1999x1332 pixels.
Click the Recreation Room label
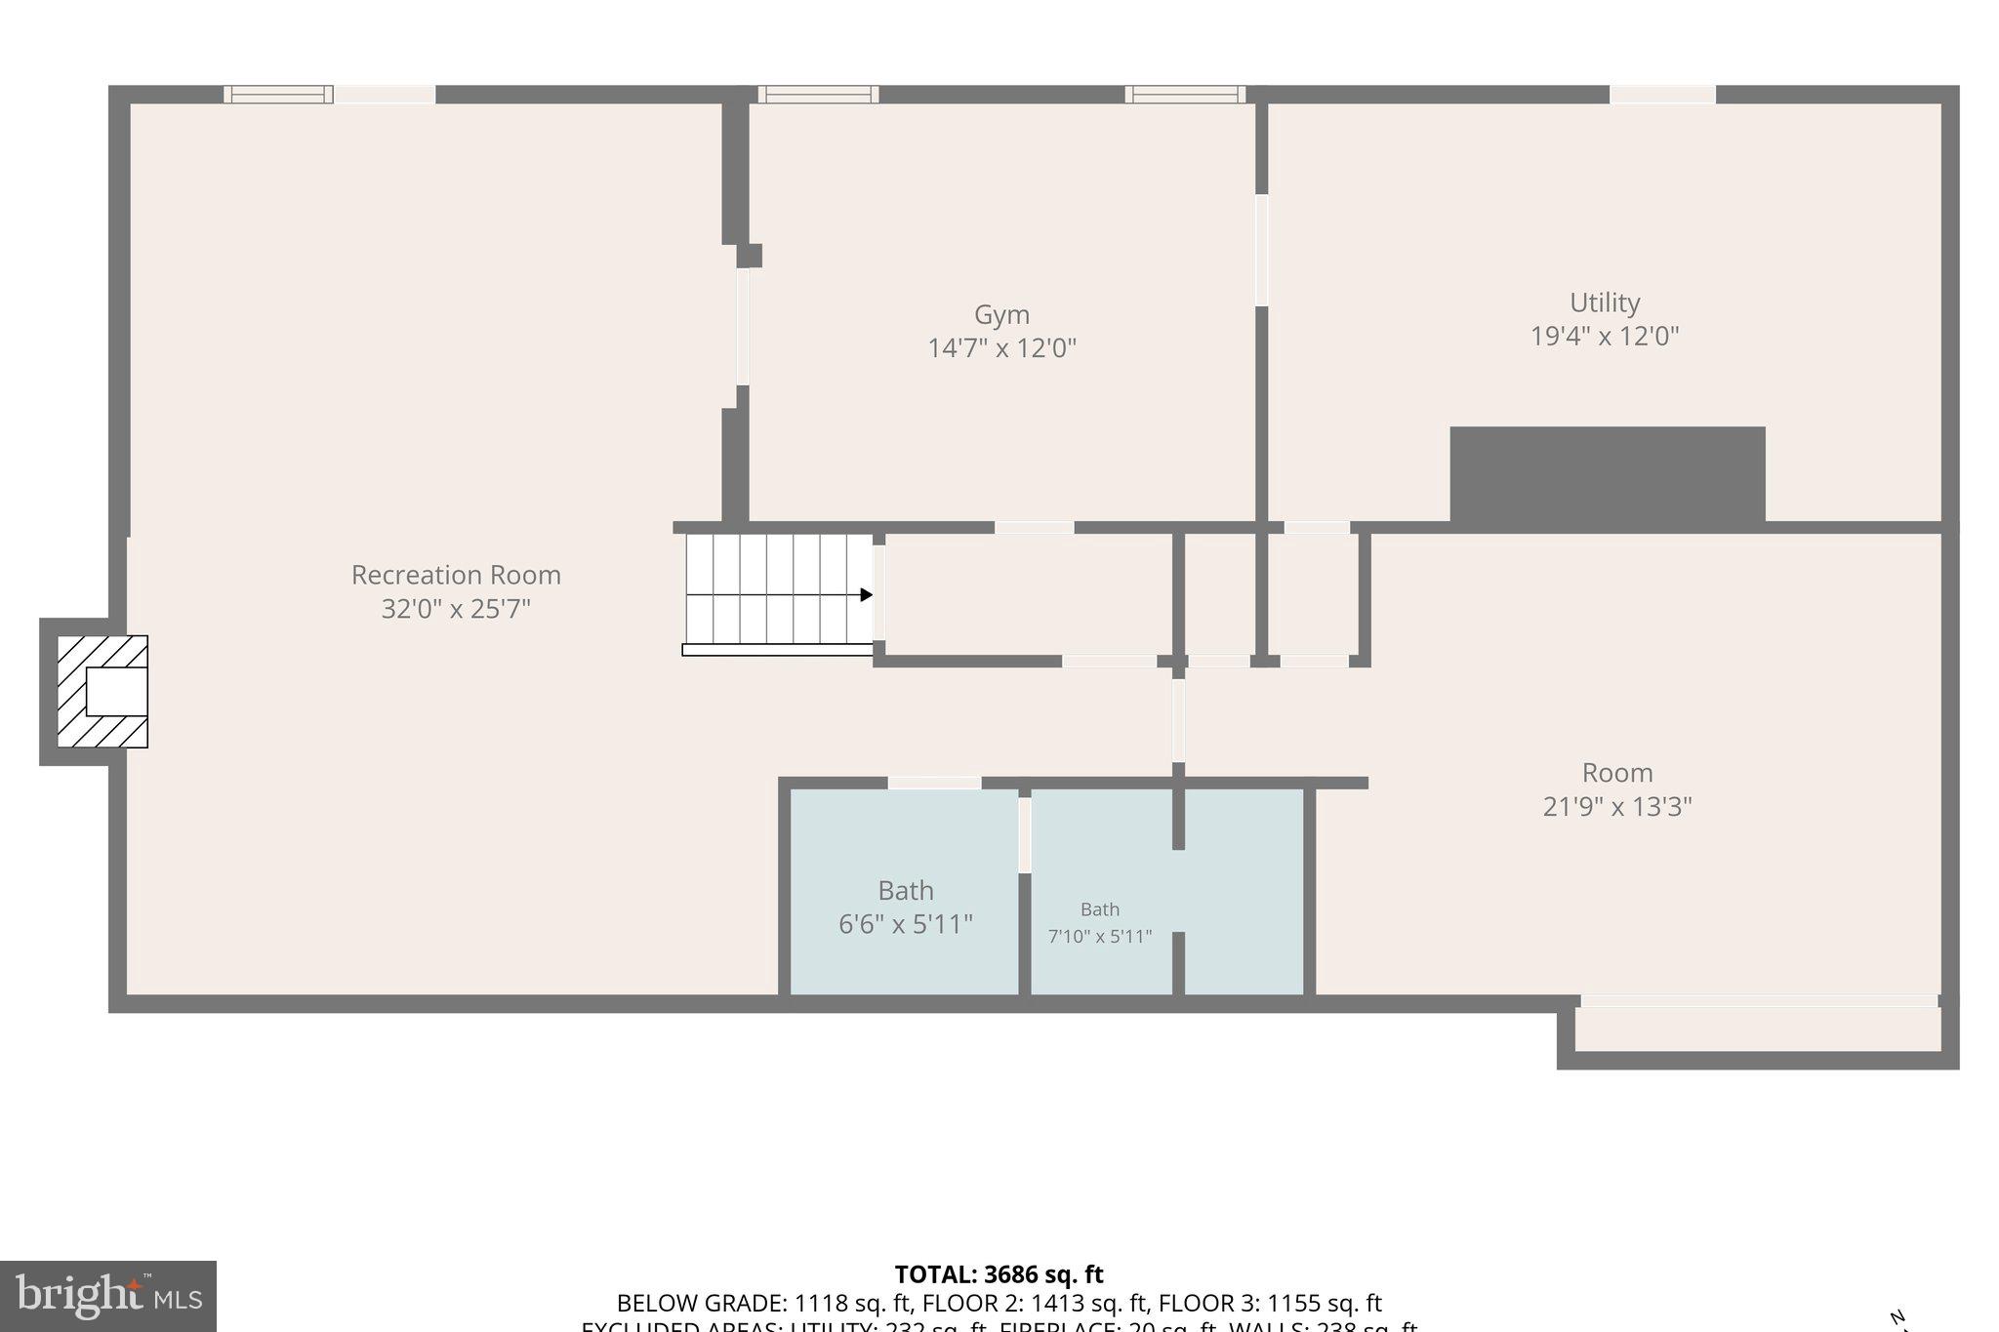click(x=456, y=575)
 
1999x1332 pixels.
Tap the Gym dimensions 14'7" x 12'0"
click(x=1001, y=348)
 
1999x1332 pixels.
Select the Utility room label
click(x=1604, y=303)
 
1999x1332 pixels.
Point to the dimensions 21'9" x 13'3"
click(x=1616, y=807)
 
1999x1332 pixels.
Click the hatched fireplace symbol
click(x=102, y=692)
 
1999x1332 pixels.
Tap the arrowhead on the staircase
click(x=866, y=595)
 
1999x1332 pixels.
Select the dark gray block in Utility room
click(x=1607, y=475)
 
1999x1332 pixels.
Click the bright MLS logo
click(x=108, y=1296)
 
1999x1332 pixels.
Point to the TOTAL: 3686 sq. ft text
click(x=999, y=1274)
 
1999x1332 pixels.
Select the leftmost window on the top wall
click(x=278, y=95)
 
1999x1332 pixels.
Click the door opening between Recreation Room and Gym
click(x=743, y=327)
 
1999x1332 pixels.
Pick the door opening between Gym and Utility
click(x=1261, y=250)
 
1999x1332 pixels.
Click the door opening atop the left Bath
click(x=934, y=783)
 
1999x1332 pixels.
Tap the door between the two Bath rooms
click(x=1025, y=834)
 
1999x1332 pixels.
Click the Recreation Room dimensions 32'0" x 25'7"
click(x=456, y=609)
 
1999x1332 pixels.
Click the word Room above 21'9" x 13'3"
click(x=1616, y=773)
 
